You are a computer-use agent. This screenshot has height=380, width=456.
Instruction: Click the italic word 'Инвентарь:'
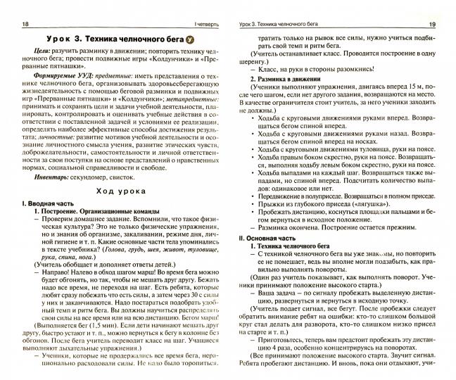click(51, 177)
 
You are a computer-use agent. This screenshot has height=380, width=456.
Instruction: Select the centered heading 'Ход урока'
click(119, 191)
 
